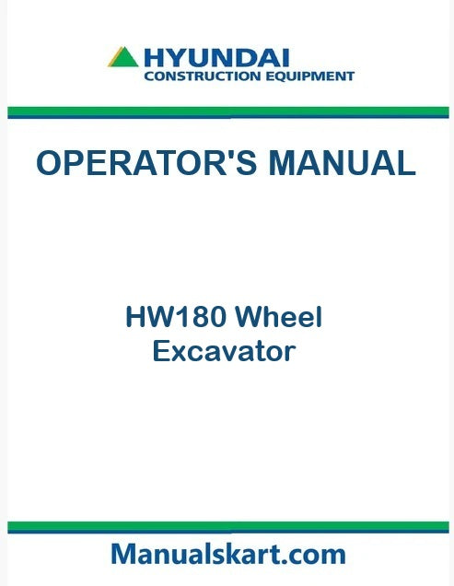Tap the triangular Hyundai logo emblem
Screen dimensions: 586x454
pyautogui.click(x=123, y=58)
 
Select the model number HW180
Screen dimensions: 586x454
pyautogui.click(x=176, y=319)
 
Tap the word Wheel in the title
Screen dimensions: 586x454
pyautogui.click(x=278, y=319)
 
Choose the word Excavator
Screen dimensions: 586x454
pyautogui.click(x=223, y=351)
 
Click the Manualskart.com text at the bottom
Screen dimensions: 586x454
pyautogui.click(x=227, y=554)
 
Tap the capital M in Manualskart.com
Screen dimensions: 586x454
pyautogui.click(x=122, y=554)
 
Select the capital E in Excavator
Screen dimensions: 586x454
pyautogui.click(x=160, y=351)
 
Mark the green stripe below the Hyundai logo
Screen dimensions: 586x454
pyautogui.click(x=227, y=111)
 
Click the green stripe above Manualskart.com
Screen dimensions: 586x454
pyautogui.click(x=227, y=525)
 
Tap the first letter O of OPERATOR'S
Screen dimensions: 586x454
pyautogui.click(x=49, y=163)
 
